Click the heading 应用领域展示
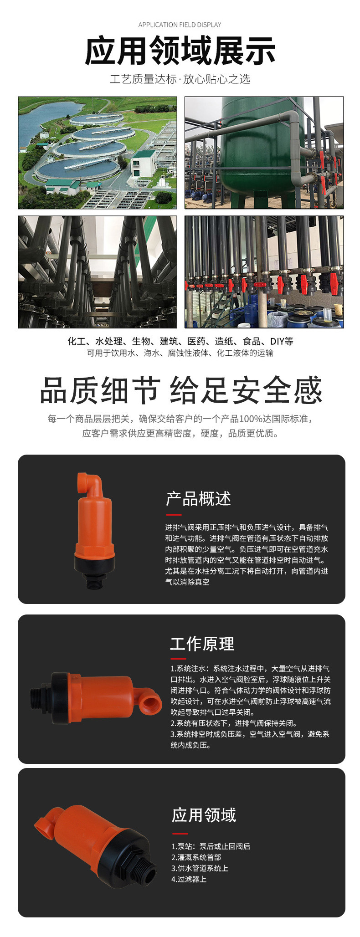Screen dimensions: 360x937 pos(180,51)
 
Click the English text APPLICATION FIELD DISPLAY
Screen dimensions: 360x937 pos(180,25)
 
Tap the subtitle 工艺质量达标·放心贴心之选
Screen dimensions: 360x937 pos(180,79)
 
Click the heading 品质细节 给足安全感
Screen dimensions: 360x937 pos(181,390)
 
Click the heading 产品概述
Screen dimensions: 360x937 pos(198,499)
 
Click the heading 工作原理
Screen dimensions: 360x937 pos(202,644)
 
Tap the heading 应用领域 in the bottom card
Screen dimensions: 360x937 pos(204,815)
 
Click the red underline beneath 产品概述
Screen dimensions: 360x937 pos(173,514)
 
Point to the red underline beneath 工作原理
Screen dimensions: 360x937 pos(178,659)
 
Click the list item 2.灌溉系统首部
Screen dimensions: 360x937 pos(196,857)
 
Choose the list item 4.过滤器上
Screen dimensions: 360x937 pos(189,879)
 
